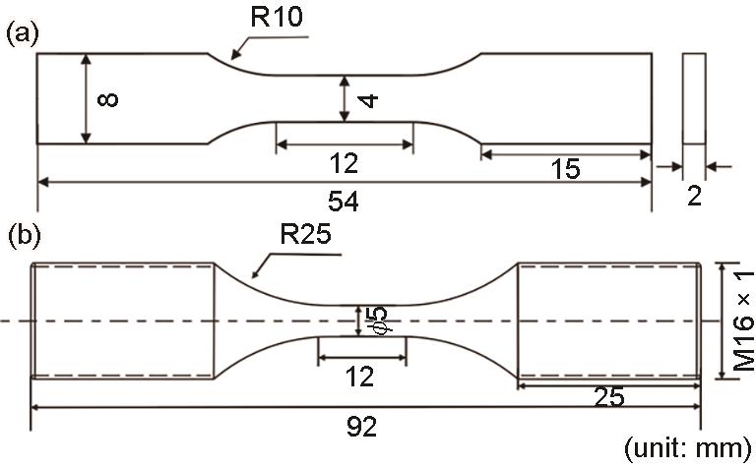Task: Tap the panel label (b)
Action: tap(23, 236)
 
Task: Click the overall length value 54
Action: tap(345, 201)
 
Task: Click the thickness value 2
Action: tap(694, 197)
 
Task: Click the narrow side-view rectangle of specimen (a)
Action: tap(693, 98)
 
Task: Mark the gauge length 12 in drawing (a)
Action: tap(345, 162)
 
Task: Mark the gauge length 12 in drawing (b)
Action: tap(362, 375)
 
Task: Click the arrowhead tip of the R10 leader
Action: tap(230, 56)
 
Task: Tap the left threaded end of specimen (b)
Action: tap(123, 320)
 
